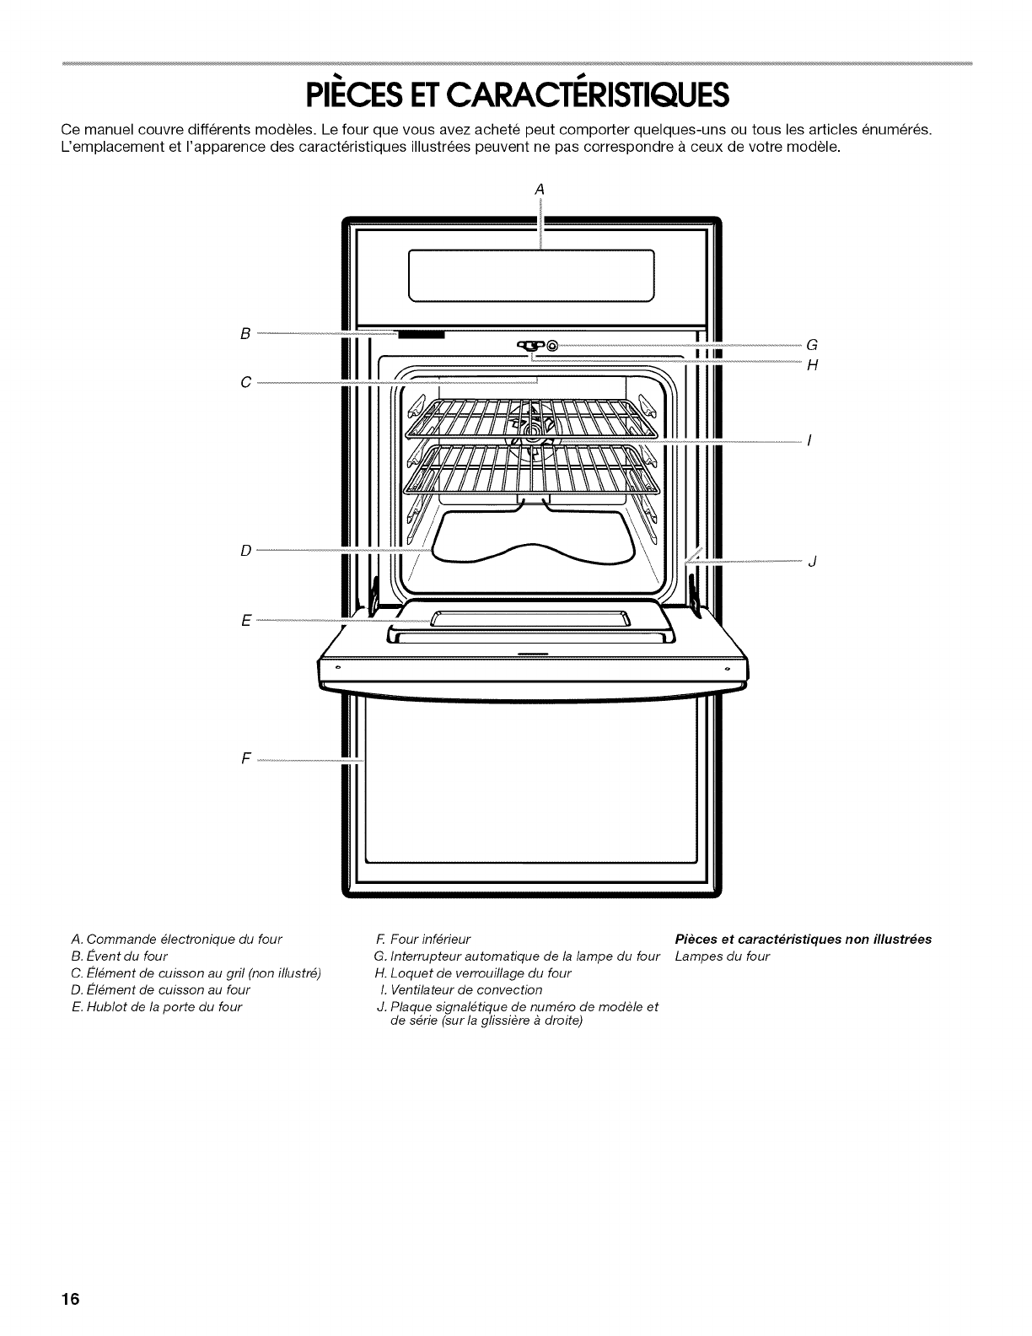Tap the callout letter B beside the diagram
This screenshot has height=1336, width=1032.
point(245,334)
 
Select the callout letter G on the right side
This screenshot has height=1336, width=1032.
point(812,345)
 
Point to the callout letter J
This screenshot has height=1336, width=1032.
point(811,563)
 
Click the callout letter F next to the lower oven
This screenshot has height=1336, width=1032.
point(245,758)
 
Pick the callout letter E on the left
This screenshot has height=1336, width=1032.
point(245,621)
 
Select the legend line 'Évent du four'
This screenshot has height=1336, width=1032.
point(126,956)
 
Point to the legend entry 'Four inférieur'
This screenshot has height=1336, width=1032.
point(427,939)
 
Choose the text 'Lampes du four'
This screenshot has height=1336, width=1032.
point(723,956)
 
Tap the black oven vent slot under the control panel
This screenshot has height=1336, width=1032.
point(421,335)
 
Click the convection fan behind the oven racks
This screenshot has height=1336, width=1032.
point(530,435)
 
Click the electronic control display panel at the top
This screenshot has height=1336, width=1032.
point(531,276)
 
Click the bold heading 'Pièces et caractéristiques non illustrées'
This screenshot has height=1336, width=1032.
point(803,939)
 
